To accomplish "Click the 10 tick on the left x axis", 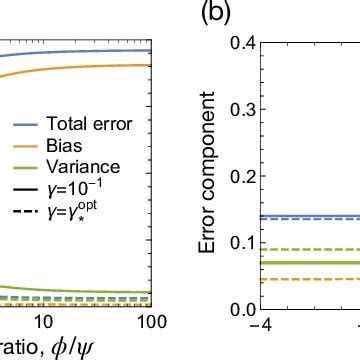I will (x=43, y=323).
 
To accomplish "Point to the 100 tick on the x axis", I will (x=148, y=323).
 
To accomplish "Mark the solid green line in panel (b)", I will (x=310, y=262).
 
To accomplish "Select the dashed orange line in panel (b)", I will (x=310, y=280).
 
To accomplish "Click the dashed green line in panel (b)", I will (x=310, y=249).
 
